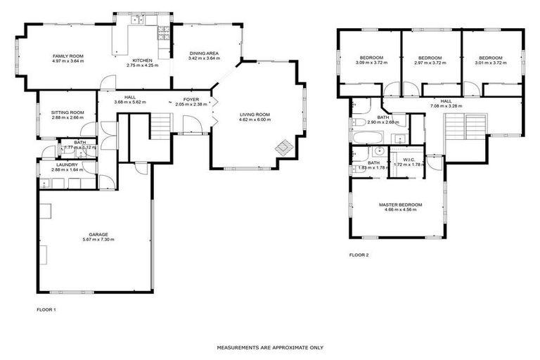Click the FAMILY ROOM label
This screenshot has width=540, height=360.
point(67,56)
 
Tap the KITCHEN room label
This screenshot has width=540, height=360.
point(143,60)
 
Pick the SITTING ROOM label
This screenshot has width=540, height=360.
point(67,112)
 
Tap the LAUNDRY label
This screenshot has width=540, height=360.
point(67,165)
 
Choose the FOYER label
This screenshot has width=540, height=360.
point(191,100)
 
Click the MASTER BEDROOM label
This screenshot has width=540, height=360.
point(397,205)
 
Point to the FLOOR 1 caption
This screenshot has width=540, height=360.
point(46,309)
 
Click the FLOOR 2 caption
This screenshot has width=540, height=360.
point(359,255)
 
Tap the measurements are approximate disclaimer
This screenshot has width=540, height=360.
point(270,347)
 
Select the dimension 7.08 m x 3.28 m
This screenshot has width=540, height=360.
point(446,106)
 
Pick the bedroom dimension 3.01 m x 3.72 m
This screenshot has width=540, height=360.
point(491,63)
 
